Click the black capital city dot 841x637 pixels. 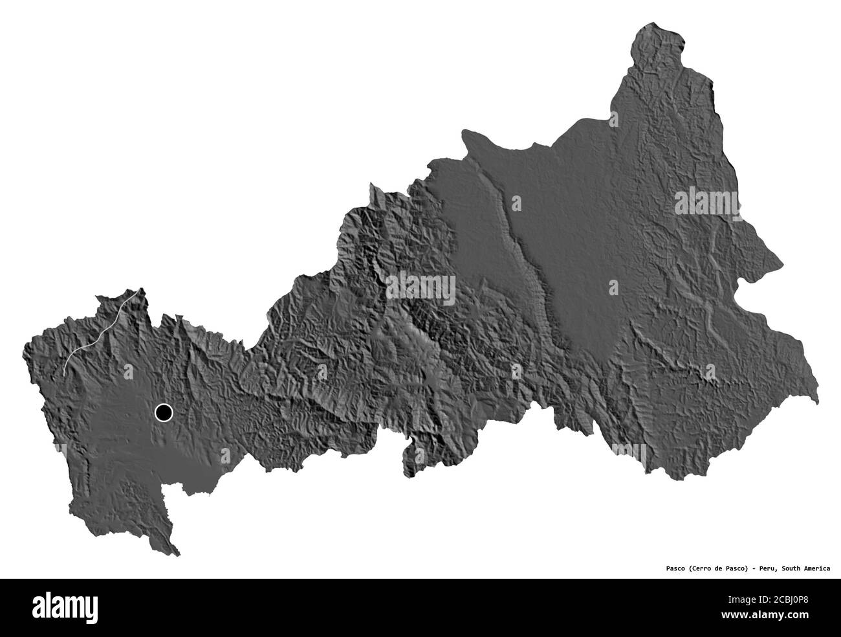pyautogui.click(x=164, y=412)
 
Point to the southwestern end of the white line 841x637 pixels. pyautogui.click(x=65, y=374)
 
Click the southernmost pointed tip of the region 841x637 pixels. pyautogui.click(x=177, y=555)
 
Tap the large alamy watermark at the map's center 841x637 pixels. pyautogui.click(x=421, y=289)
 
